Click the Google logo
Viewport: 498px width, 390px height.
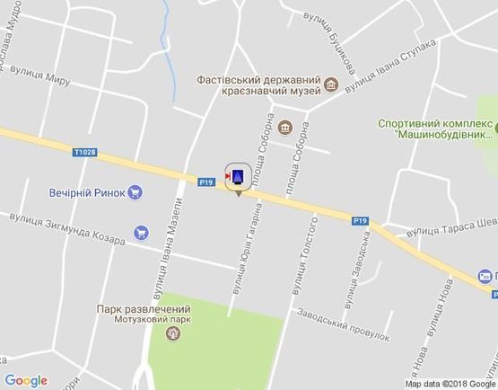(x=26, y=381)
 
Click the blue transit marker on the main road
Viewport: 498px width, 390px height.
(x=238, y=176)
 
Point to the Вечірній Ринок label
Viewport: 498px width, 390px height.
(x=87, y=191)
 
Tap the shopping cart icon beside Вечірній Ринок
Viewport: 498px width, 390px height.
(x=135, y=191)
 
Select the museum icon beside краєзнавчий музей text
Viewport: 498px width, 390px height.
(x=332, y=85)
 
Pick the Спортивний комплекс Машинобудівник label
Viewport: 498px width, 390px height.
(x=435, y=129)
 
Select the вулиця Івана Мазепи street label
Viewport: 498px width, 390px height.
(x=161, y=261)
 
